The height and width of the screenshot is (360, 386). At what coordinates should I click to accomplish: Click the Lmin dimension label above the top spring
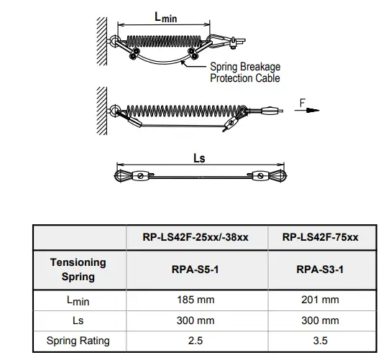(x=167, y=16)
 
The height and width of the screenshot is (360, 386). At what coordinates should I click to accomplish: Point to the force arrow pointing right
(x=307, y=112)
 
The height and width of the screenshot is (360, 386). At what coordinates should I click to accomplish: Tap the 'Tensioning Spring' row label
(x=78, y=269)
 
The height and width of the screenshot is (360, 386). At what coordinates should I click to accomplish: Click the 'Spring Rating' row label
(x=78, y=340)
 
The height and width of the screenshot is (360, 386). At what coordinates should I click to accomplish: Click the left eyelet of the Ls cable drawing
(x=121, y=175)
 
